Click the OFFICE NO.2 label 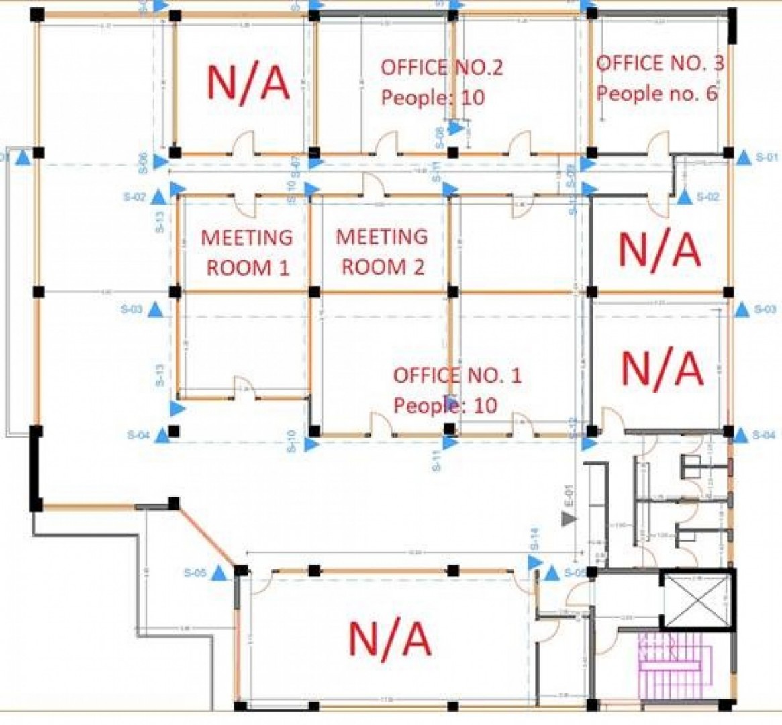point(442,67)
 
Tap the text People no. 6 point(657,93)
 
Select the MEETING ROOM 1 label point(247,252)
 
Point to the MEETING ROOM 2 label point(382,252)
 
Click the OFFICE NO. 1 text point(457,375)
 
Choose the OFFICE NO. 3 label point(660,64)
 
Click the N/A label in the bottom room point(389,638)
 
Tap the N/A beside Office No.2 point(248,83)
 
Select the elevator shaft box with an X point(695,599)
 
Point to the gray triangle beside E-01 point(569,518)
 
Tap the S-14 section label point(535,538)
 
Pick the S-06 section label point(143,162)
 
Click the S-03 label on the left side point(132,310)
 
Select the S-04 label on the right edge point(764,436)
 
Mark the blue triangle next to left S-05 point(219,573)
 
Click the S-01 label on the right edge point(767,158)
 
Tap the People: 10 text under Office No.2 point(433,97)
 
